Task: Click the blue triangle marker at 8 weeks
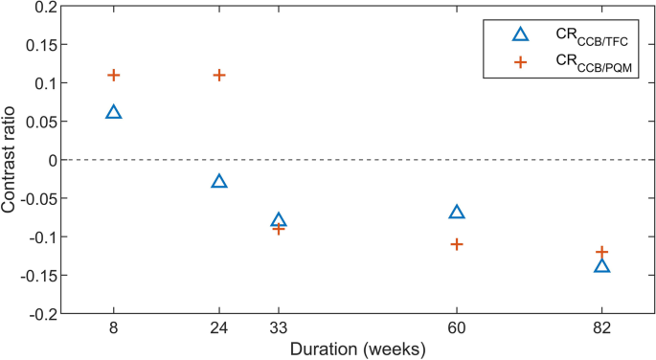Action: pyautogui.click(x=114, y=113)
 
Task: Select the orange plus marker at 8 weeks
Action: pyautogui.click(x=114, y=75)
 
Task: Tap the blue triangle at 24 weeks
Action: pyautogui.click(x=219, y=182)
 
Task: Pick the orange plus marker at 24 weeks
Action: pyautogui.click(x=219, y=75)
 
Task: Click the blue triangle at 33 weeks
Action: pyautogui.click(x=279, y=220)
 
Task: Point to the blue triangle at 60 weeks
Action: pyautogui.click(x=457, y=213)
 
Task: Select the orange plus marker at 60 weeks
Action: pyautogui.click(x=457, y=244)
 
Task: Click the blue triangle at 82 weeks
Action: pyautogui.click(x=602, y=266)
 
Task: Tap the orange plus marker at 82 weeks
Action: pyautogui.click(x=602, y=252)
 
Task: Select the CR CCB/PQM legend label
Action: pyautogui.click(x=586, y=63)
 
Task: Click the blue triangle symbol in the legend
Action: pyautogui.click(x=520, y=34)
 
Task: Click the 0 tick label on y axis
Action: pyautogui.click(x=52, y=161)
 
